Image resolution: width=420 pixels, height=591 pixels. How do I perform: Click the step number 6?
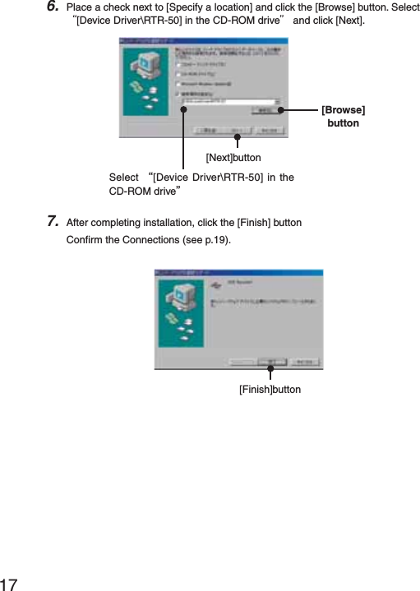click(52, 7)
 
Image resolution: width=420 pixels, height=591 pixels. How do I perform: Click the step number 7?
click(52, 220)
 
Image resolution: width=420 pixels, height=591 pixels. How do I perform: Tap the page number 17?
click(11, 583)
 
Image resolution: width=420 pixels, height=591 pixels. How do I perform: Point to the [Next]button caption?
click(233, 157)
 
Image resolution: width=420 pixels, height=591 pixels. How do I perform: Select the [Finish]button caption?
click(270, 389)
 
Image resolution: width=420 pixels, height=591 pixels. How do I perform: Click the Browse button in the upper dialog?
click(263, 109)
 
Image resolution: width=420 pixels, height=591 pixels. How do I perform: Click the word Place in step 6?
click(79, 7)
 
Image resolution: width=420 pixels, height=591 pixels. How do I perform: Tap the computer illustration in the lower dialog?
click(180, 308)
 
